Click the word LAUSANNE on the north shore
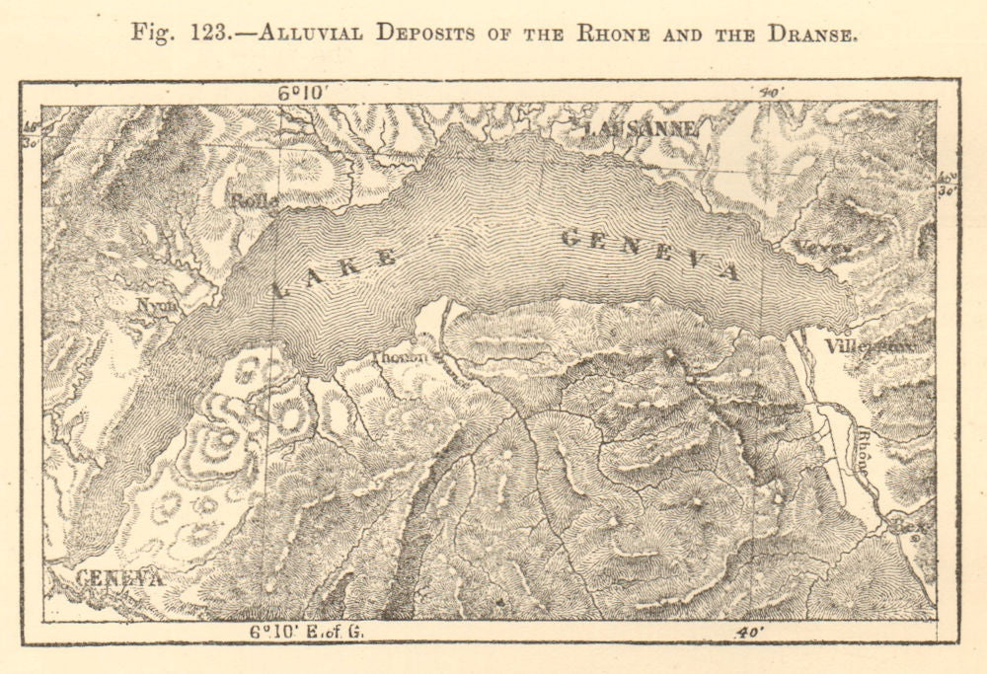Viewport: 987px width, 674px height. coord(642,128)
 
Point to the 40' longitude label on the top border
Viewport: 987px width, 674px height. coord(770,93)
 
